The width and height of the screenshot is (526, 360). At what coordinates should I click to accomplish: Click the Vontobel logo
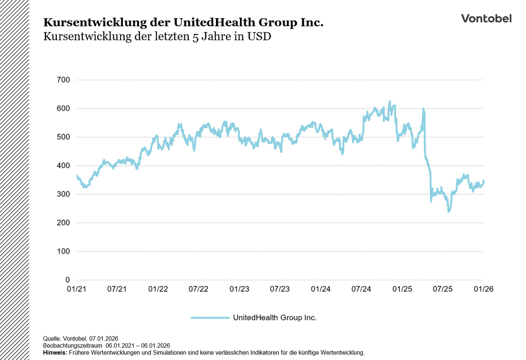pyautogui.click(x=486, y=18)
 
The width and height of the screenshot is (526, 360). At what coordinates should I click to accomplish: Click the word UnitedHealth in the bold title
pyautogui.click(x=201, y=22)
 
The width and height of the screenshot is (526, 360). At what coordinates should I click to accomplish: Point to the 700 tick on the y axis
pyautogui.click(x=63, y=80)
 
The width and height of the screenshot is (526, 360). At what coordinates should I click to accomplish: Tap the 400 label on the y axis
pyautogui.click(x=63, y=166)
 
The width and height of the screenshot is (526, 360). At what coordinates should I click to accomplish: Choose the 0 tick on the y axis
pyautogui.click(x=67, y=280)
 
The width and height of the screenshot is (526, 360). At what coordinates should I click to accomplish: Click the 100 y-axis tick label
pyautogui.click(x=63, y=251)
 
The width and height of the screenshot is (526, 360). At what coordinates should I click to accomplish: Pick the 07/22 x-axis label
pyautogui.click(x=198, y=289)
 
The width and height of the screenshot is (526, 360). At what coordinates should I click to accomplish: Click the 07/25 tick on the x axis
pyautogui.click(x=443, y=289)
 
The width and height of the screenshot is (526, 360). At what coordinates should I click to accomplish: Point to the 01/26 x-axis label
pyautogui.click(x=483, y=289)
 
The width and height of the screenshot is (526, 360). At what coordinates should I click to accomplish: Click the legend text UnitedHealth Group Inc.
pyautogui.click(x=275, y=317)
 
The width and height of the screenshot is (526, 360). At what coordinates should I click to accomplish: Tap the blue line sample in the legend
pyautogui.click(x=210, y=317)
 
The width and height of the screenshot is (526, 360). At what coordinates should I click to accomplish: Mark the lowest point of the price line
pyautogui.click(x=448, y=211)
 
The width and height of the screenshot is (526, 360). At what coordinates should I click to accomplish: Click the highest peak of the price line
pyautogui.click(x=390, y=102)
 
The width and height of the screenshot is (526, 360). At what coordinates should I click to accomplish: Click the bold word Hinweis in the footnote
pyautogui.click(x=55, y=352)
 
